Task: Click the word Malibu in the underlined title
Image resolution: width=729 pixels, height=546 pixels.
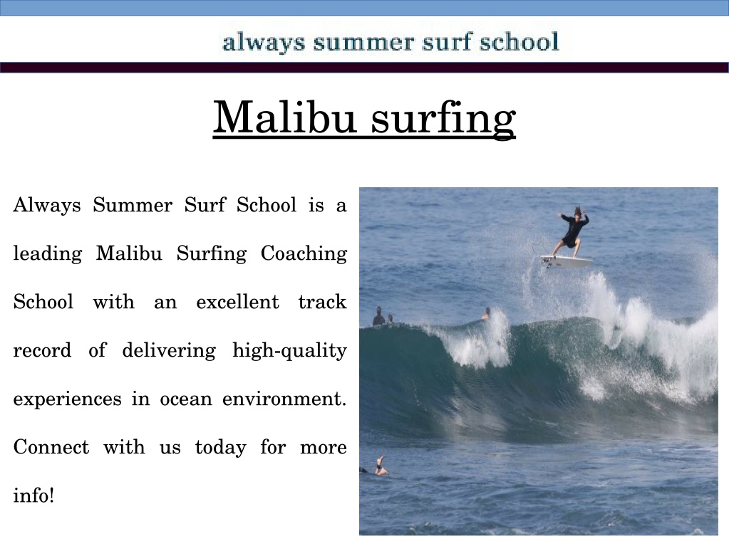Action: point(284,117)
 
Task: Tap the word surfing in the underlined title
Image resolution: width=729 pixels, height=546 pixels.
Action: point(443,118)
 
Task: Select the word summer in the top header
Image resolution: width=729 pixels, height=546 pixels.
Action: point(363,43)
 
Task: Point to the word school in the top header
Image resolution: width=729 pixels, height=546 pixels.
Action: point(519,42)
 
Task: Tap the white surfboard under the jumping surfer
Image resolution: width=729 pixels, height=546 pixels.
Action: point(567,261)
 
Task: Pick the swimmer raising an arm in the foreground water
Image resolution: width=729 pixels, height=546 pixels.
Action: point(381,466)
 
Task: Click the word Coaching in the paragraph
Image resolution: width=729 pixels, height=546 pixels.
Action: point(304,254)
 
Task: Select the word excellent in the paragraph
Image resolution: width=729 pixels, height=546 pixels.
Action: point(237,302)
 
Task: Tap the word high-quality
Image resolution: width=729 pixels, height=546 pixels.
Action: point(289,351)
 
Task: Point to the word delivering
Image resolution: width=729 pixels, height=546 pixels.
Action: point(169,351)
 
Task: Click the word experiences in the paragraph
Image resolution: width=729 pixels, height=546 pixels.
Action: point(68,399)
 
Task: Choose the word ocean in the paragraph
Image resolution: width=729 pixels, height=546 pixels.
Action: point(186,399)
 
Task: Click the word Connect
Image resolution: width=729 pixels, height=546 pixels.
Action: point(51,447)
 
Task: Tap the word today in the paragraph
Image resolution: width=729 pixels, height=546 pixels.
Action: point(220,448)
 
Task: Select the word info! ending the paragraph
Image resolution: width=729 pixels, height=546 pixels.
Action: point(34,495)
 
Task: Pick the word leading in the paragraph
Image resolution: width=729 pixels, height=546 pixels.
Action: point(48,254)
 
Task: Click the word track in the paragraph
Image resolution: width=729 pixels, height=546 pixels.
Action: point(323,302)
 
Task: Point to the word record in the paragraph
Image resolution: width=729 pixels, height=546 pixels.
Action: point(42,350)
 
